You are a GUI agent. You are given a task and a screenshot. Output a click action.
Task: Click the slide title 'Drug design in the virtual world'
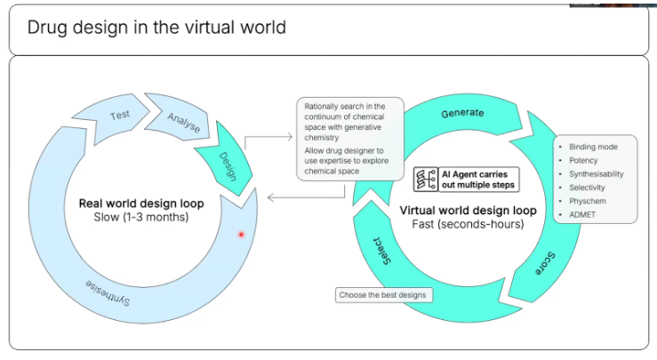156,28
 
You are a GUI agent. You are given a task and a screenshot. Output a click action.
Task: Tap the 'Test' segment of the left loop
119,116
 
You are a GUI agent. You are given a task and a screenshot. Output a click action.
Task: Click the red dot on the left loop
240,234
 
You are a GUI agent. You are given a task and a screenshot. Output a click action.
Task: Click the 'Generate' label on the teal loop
462,114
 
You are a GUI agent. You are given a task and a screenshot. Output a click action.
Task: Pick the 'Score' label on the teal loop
544,262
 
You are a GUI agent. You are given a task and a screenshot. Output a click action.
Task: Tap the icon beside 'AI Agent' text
425,180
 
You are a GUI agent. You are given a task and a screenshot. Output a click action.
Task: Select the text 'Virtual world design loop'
468,211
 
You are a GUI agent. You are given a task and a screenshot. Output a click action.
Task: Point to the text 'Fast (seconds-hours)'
468,224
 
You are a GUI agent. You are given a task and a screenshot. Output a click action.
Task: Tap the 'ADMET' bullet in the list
582,215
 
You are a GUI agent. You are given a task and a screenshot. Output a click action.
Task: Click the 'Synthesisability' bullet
597,174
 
